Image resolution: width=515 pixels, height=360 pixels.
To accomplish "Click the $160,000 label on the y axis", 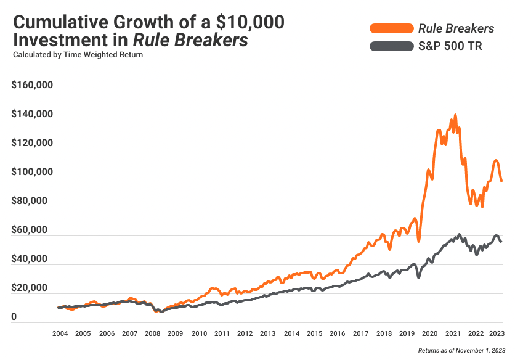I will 32,86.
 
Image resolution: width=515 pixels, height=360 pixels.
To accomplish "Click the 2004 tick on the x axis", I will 60,333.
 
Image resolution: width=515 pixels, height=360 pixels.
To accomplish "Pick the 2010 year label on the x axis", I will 198,333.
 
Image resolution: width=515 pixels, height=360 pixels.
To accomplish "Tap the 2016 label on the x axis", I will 337,333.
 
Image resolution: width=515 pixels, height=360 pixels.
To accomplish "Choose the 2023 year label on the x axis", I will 497,333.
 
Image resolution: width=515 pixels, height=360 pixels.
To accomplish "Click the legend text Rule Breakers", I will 456,28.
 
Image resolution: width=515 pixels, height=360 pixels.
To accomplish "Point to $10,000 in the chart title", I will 249,22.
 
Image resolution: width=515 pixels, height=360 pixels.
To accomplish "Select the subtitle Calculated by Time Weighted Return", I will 78,55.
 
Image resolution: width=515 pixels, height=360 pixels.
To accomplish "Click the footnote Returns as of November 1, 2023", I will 461,350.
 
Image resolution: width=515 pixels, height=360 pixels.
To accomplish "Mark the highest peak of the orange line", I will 455,115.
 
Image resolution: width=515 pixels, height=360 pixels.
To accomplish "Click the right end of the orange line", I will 501,181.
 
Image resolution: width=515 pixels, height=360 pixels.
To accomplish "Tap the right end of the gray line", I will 501,242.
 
